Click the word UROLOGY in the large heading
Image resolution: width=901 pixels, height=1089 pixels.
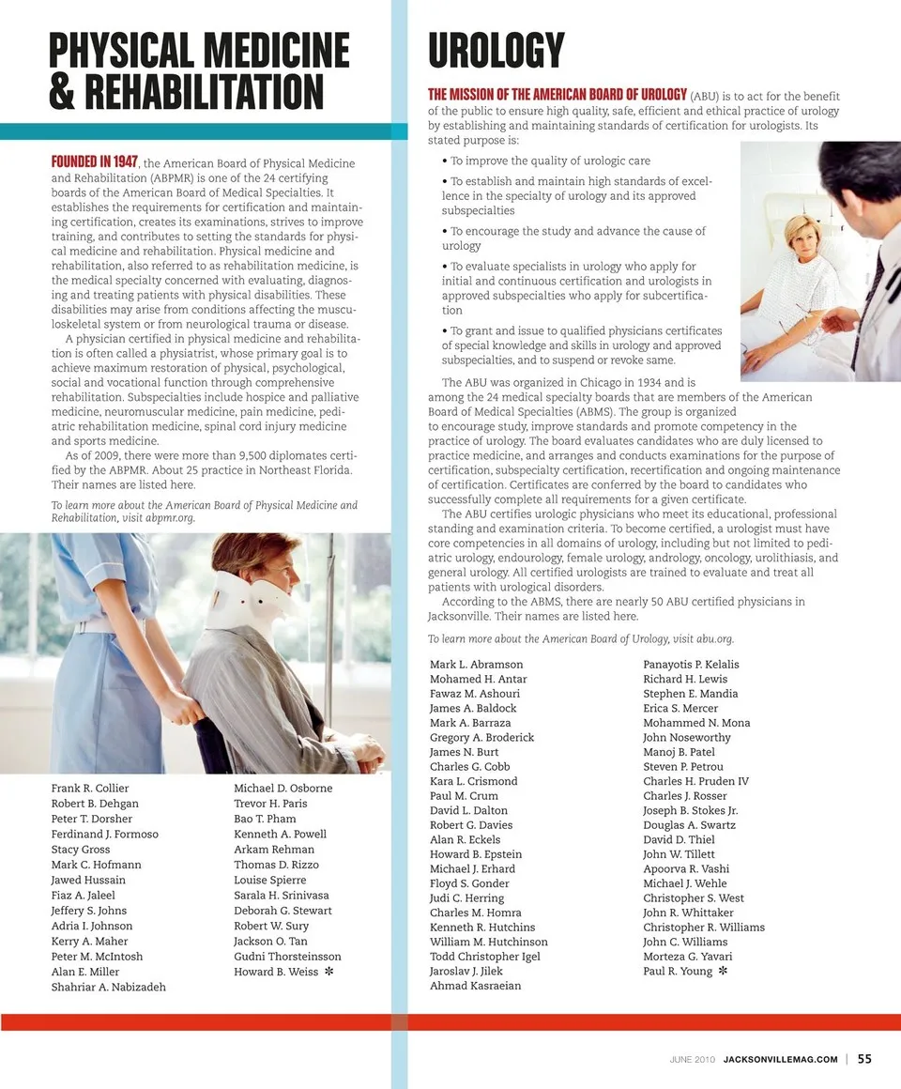[496, 51]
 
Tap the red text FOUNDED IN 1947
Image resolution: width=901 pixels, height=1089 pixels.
[95, 161]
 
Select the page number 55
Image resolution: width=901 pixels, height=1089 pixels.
[864, 1058]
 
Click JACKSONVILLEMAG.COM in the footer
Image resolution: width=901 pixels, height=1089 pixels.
[781, 1059]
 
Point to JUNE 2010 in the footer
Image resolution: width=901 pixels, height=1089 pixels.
[693, 1059]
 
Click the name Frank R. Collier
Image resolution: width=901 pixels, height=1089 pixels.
[90, 788]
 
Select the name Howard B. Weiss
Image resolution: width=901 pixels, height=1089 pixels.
[276, 972]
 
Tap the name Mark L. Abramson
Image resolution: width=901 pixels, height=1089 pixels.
[477, 665]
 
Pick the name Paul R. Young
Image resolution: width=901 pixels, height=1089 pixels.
[678, 971]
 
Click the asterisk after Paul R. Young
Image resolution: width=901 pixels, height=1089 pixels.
[723, 971]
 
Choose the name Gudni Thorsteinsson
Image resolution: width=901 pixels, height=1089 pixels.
[287, 957]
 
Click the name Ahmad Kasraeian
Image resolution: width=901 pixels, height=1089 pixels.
[475, 986]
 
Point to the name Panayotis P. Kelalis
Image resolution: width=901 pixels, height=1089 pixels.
[691, 665]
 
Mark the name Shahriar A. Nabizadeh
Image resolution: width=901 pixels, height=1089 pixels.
[108, 987]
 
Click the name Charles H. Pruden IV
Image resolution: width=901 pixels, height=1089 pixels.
[695, 781]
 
